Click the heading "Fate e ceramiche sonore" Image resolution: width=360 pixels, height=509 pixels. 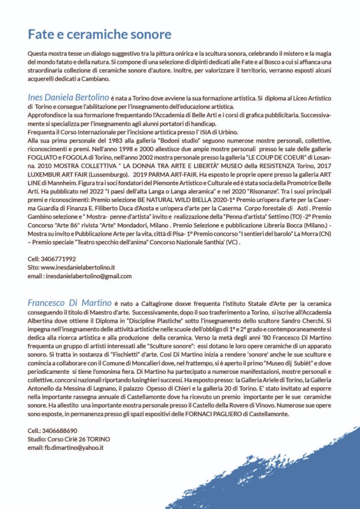pyautogui.click(x=99, y=34)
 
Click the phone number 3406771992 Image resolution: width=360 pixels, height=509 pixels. pyautogui.click(x=58, y=259)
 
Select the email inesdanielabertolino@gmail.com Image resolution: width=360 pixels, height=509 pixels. pyautogui.click(x=89, y=276)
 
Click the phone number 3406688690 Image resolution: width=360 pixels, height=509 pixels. pyautogui.click(x=60, y=430)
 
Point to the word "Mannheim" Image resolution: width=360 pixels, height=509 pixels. pyautogui.click(x=63, y=190)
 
